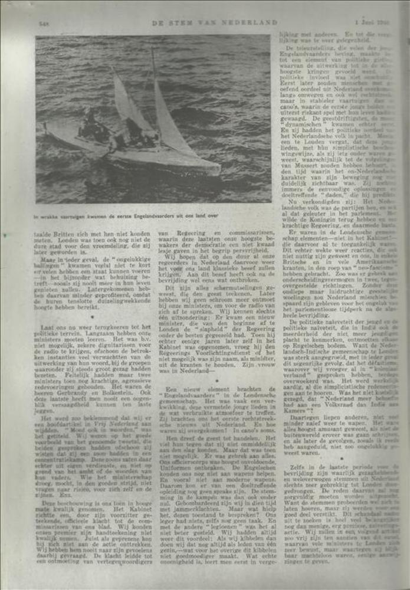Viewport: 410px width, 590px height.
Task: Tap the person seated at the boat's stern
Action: [90, 122]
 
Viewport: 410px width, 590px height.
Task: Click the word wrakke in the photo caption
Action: [48, 216]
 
